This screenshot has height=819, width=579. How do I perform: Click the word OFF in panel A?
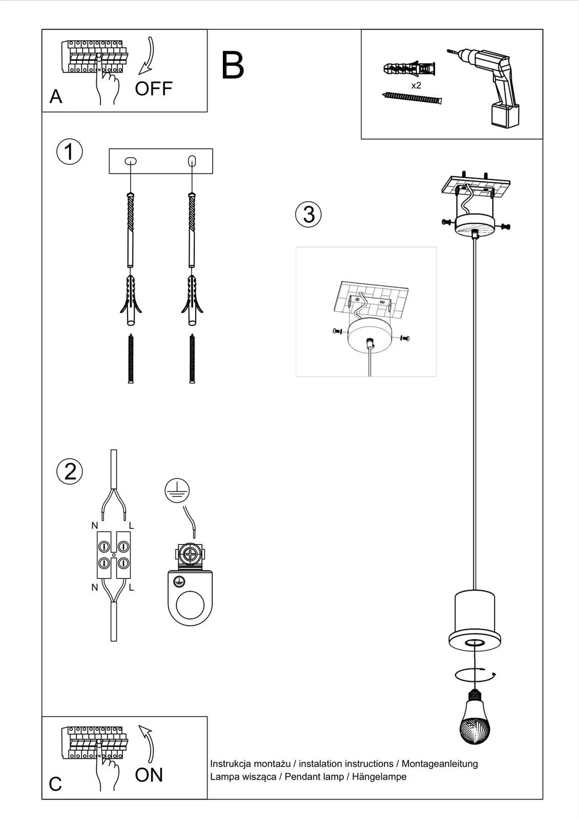click(x=153, y=89)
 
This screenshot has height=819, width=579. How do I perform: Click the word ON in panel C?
click(x=149, y=775)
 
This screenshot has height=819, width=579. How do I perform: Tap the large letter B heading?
click(x=232, y=66)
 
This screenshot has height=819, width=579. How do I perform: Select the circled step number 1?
click(x=69, y=152)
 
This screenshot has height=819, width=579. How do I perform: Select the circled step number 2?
click(x=70, y=471)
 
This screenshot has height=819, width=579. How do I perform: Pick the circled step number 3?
click(x=308, y=214)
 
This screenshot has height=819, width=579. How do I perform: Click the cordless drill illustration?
click(x=492, y=82)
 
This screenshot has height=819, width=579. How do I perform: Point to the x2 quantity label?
click(x=416, y=85)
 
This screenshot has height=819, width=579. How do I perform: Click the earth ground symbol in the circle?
click(x=177, y=490)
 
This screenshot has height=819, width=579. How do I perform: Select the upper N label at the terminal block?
click(x=95, y=526)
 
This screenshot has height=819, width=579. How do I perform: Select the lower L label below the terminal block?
click(x=131, y=588)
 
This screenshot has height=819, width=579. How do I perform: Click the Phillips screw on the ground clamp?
click(x=190, y=554)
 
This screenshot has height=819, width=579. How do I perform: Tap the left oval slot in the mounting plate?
click(x=131, y=161)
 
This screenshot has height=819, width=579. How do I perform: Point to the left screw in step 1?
click(x=131, y=358)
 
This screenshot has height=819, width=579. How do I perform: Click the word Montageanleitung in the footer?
click(x=439, y=764)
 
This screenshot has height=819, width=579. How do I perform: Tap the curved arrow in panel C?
click(x=148, y=742)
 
